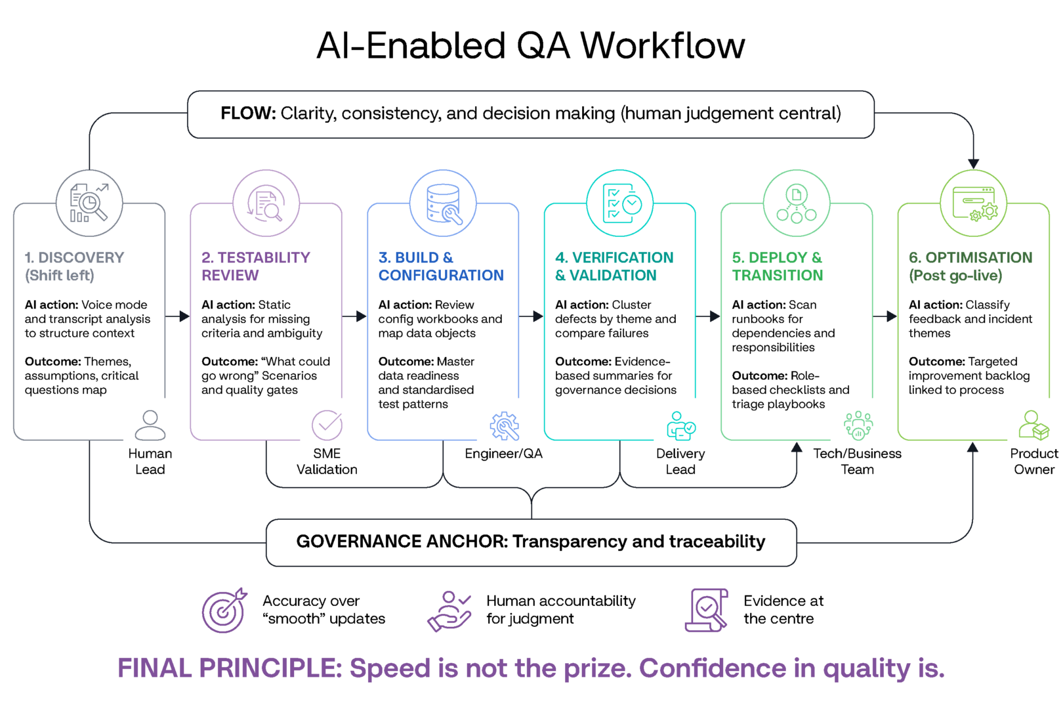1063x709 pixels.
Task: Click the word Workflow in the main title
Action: pos(662,46)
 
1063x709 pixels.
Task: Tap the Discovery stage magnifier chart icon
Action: pos(89,203)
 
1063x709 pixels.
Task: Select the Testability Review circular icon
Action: pos(266,203)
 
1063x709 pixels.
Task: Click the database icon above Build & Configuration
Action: pos(443,203)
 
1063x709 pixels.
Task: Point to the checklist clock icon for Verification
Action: pos(619,203)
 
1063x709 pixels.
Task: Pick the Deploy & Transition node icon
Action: pos(797,203)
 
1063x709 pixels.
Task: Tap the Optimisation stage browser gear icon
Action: pos(974,203)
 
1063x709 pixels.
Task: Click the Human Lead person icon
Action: pos(150,425)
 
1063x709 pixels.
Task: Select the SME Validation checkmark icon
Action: pos(327,425)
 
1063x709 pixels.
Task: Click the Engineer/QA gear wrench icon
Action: pos(504,426)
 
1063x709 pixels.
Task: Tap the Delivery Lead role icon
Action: pos(680,425)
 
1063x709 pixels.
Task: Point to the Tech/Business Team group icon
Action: pos(858,425)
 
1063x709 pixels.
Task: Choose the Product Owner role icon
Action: pos(1033,425)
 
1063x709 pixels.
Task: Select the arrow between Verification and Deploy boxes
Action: pos(708,316)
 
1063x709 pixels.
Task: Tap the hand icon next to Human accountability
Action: pos(449,611)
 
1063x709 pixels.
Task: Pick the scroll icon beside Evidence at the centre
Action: pos(706,610)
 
